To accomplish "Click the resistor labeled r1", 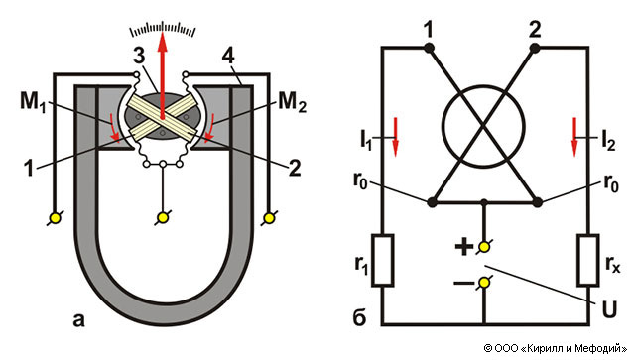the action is coord(382,260).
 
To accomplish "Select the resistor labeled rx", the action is coord(588,260).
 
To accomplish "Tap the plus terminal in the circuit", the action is coord(484,247).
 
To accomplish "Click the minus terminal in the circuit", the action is coord(484,283).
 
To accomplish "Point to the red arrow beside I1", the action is coord(395,137).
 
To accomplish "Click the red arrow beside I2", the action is coord(574,137).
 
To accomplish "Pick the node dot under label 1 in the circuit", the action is coord(429,49).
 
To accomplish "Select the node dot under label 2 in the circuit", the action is coord(535,49).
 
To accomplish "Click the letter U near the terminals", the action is coord(609,309).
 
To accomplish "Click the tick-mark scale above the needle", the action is coord(163,28).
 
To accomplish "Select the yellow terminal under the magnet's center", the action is coord(163,218).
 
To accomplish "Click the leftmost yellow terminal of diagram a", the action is coord(55,218).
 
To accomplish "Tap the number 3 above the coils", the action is coord(139,56).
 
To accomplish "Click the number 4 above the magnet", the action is coord(228,56).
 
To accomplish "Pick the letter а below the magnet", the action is coord(78,320).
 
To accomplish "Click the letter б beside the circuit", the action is coord(359,317).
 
